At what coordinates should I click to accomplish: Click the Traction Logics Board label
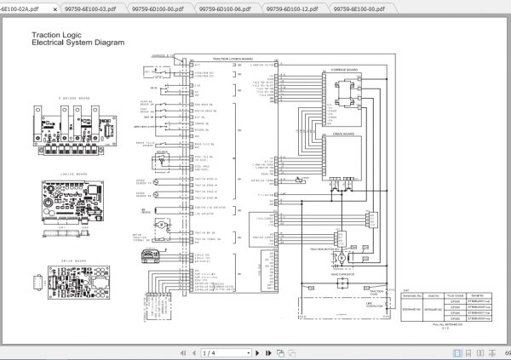(x=211, y=59)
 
